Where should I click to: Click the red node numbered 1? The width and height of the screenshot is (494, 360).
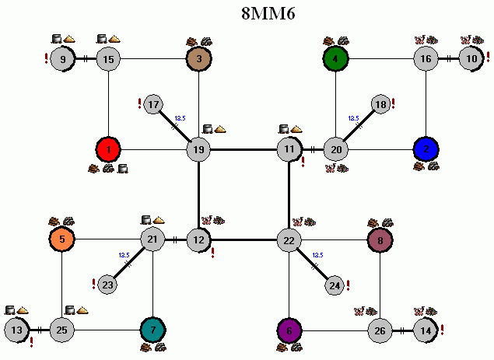pyautogui.click(x=108, y=149)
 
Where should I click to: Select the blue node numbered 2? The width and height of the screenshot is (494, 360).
pyautogui.click(x=426, y=149)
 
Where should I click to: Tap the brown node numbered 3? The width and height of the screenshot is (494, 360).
pyautogui.click(x=199, y=59)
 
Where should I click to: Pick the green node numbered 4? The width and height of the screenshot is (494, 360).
pyautogui.click(x=335, y=59)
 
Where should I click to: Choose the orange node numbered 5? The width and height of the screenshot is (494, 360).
pyautogui.click(x=62, y=239)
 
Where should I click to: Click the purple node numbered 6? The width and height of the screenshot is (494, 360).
pyautogui.click(x=289, y=330)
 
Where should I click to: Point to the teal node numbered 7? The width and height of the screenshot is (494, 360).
pyautogui.click(x=152, y=330)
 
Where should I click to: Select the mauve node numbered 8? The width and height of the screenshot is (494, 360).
pyautogui.click(x=380, y=240)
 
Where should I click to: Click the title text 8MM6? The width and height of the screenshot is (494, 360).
pyautogui.click(x=268, y=13)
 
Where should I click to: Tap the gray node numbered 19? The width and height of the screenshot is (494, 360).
pyautogui.click(x=198, y=149)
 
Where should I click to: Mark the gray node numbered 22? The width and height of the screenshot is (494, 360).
pyautogui.click(x=289, y=240)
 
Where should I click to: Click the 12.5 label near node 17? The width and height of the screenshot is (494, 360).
pyautogui.click(x=180, y=118)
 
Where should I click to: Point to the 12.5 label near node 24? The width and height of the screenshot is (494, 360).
pyautogui.click(x=317, y=255)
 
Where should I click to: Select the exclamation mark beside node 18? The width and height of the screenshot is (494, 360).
pyautogui.click(x=393, y=103)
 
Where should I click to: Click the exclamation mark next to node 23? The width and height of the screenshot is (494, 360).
pyautogui.click(x=93, y=284)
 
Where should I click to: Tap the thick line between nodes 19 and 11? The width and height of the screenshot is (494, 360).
pyautogui.click(x=243, y=149)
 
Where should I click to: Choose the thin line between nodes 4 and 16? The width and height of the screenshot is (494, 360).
pyautogui.click(x=381, y=59)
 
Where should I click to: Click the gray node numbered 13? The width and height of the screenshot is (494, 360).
pyautogui.click(x=16, y=330)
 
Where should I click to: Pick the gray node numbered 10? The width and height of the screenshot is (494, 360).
pyautogui.click(x=471, y=59)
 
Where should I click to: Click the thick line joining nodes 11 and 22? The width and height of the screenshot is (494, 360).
pyautogui.click(x=289, y=195)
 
